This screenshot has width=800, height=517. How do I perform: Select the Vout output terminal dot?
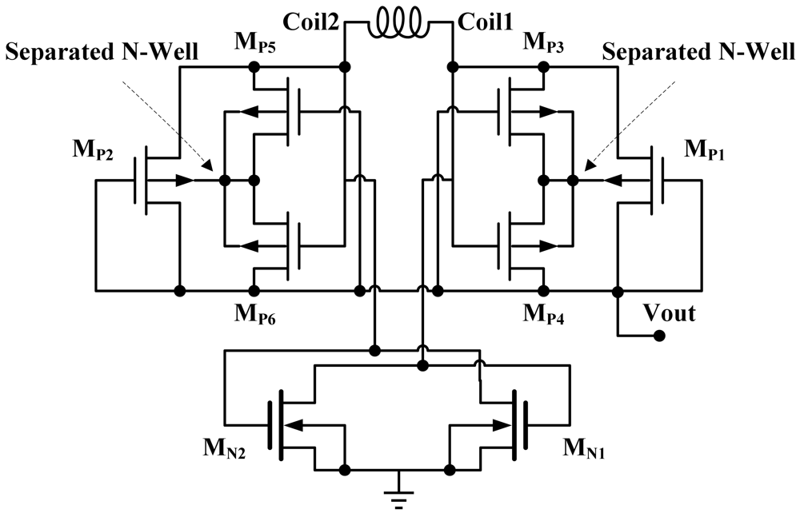click(659, 336)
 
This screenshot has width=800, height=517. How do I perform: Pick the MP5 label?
click(256, 42)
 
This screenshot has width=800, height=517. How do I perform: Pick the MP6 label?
click(256, 312)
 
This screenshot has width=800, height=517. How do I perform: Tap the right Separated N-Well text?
click(698, 54)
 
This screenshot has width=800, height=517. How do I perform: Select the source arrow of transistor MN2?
click(295, 425)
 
